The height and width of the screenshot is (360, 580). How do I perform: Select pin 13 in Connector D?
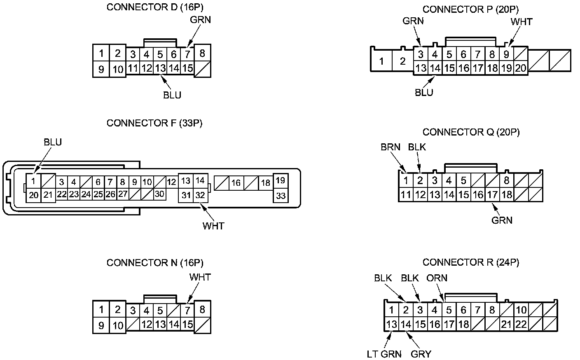pos(160,68)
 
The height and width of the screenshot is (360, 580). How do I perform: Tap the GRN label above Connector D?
pos(201,20)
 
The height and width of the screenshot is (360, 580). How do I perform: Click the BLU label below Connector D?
pos(172,95)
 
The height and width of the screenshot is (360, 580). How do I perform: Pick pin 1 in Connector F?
pos(33,181)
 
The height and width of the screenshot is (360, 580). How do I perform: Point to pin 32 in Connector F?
pos(200,195)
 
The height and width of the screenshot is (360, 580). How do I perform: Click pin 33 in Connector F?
pos(281,196)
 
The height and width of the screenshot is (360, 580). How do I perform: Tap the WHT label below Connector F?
pos(213,226)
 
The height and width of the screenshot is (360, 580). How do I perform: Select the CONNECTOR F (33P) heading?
pos(154,123)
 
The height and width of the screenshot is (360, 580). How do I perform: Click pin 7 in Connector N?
pos(187,311)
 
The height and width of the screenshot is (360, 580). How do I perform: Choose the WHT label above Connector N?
pos(200,277)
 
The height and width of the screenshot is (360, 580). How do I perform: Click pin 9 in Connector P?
pos(506,54)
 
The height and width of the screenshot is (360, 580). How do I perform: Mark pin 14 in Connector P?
pos(435,68)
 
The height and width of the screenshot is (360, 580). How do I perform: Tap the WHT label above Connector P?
pos(522,22)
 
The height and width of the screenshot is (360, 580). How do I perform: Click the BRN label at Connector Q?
pos(391,147)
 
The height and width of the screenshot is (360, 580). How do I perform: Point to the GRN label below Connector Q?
pos(502,220)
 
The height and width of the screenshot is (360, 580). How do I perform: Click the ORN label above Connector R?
pos(437,278)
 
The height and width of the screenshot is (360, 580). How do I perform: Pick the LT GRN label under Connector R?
pos(384,354)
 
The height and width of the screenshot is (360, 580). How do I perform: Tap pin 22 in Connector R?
pos(521,324)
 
